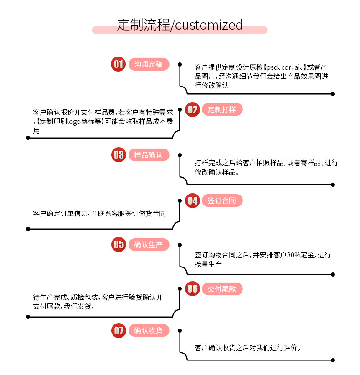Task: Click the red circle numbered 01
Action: pyautogui.click(x=118, y=64)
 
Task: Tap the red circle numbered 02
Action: pyautogui.click(x=193, y=109)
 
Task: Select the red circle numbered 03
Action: pyautogui.click(x=118, y=155)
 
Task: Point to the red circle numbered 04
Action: pyautogui.click(x=193, y=200)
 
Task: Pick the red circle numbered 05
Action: pyautogui.click(x=118, y=245)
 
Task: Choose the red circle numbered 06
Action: pyautogui.click(x=193, y=288)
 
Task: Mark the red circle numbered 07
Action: pyautogui.click(x=118, y=330)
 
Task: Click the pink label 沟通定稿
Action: pyautogui.click(x=149, y=64)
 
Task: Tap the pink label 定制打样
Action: pyautogui.click(x=222, y=109)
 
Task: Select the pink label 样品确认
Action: pyautogui.click(x=149, y=155)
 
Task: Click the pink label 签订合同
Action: pyautogui.click(x=222, y=200)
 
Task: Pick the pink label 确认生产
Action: pyautogui.click(x=149, y=245)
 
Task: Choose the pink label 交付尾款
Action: pyautogui.click(x=222, y=288)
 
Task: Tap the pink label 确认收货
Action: pyautogui.click(x=149, y=330)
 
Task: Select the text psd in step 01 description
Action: pyautogui.click(x=272, y=67)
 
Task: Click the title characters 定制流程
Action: pyautogui.click(x=143, y=24)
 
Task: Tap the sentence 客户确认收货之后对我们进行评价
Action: pyautogui.click(x=248, y=348)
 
